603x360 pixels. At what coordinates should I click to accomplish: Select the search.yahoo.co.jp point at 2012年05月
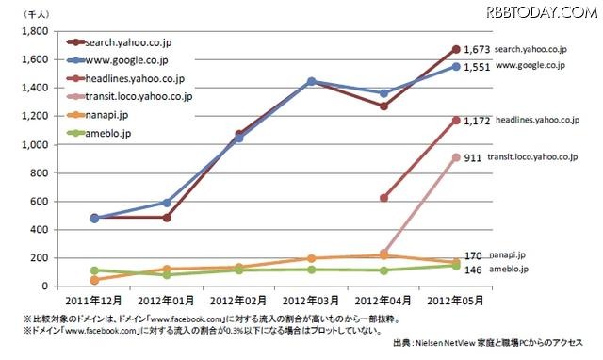click(x=456, y=49)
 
